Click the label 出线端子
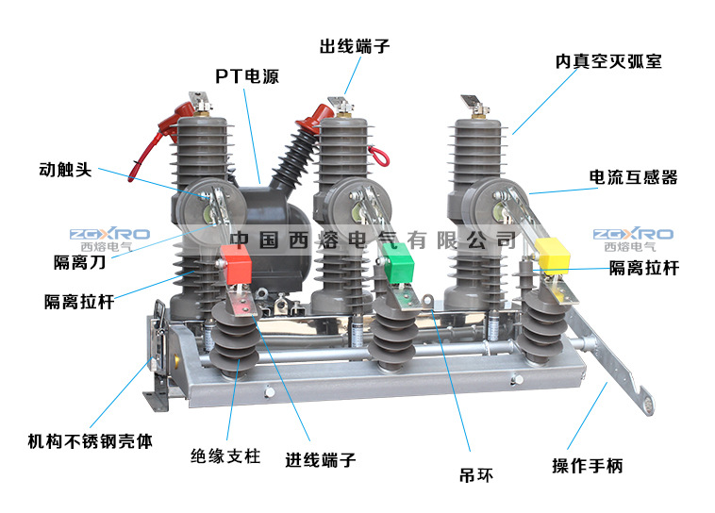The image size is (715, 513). (354, 45)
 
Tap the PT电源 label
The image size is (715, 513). (247, 76)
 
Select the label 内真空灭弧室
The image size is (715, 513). (607, 61)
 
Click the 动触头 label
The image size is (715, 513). (66, 171)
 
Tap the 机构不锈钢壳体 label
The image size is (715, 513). (89, 440)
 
